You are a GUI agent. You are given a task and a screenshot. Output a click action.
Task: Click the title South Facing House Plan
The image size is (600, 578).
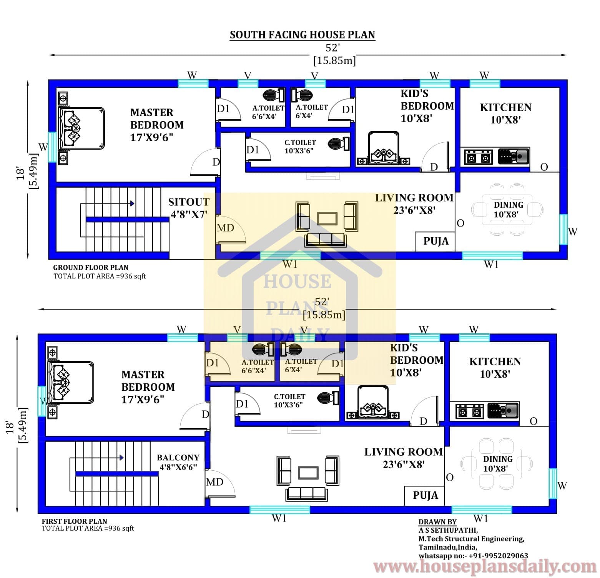[x=302, y=35]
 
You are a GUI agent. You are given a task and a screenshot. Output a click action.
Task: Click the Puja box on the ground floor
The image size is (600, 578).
[x=435, y=242]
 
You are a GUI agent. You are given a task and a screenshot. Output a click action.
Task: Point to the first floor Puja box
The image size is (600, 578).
[x=425, y=495]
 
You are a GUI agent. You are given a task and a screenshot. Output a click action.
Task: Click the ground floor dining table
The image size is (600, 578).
[x=507, y=209]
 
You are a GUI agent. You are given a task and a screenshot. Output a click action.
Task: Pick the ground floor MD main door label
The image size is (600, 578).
[x=225, y=228]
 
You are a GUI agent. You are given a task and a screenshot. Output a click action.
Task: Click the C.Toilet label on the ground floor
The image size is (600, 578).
[x=300, y=147]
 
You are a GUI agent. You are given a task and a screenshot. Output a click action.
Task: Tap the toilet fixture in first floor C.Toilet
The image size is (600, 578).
[x=329, y=398]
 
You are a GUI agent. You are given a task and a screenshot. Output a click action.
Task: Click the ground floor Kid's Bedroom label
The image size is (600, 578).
[x=427, y=106]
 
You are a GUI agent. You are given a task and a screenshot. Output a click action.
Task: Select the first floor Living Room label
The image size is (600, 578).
[x=403, y=458]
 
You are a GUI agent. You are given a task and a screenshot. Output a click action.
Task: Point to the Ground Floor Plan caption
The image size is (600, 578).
[x=91, y=267]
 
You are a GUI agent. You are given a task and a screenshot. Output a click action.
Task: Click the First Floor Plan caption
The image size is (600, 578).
[x=74, y=521]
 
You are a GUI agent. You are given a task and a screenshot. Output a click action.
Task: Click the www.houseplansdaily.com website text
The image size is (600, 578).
[x=485, y=567]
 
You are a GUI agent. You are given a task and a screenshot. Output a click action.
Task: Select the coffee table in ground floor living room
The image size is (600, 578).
[x=327, y=218]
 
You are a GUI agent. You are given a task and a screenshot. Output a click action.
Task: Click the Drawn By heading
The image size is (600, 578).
[x=437, y=522]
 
